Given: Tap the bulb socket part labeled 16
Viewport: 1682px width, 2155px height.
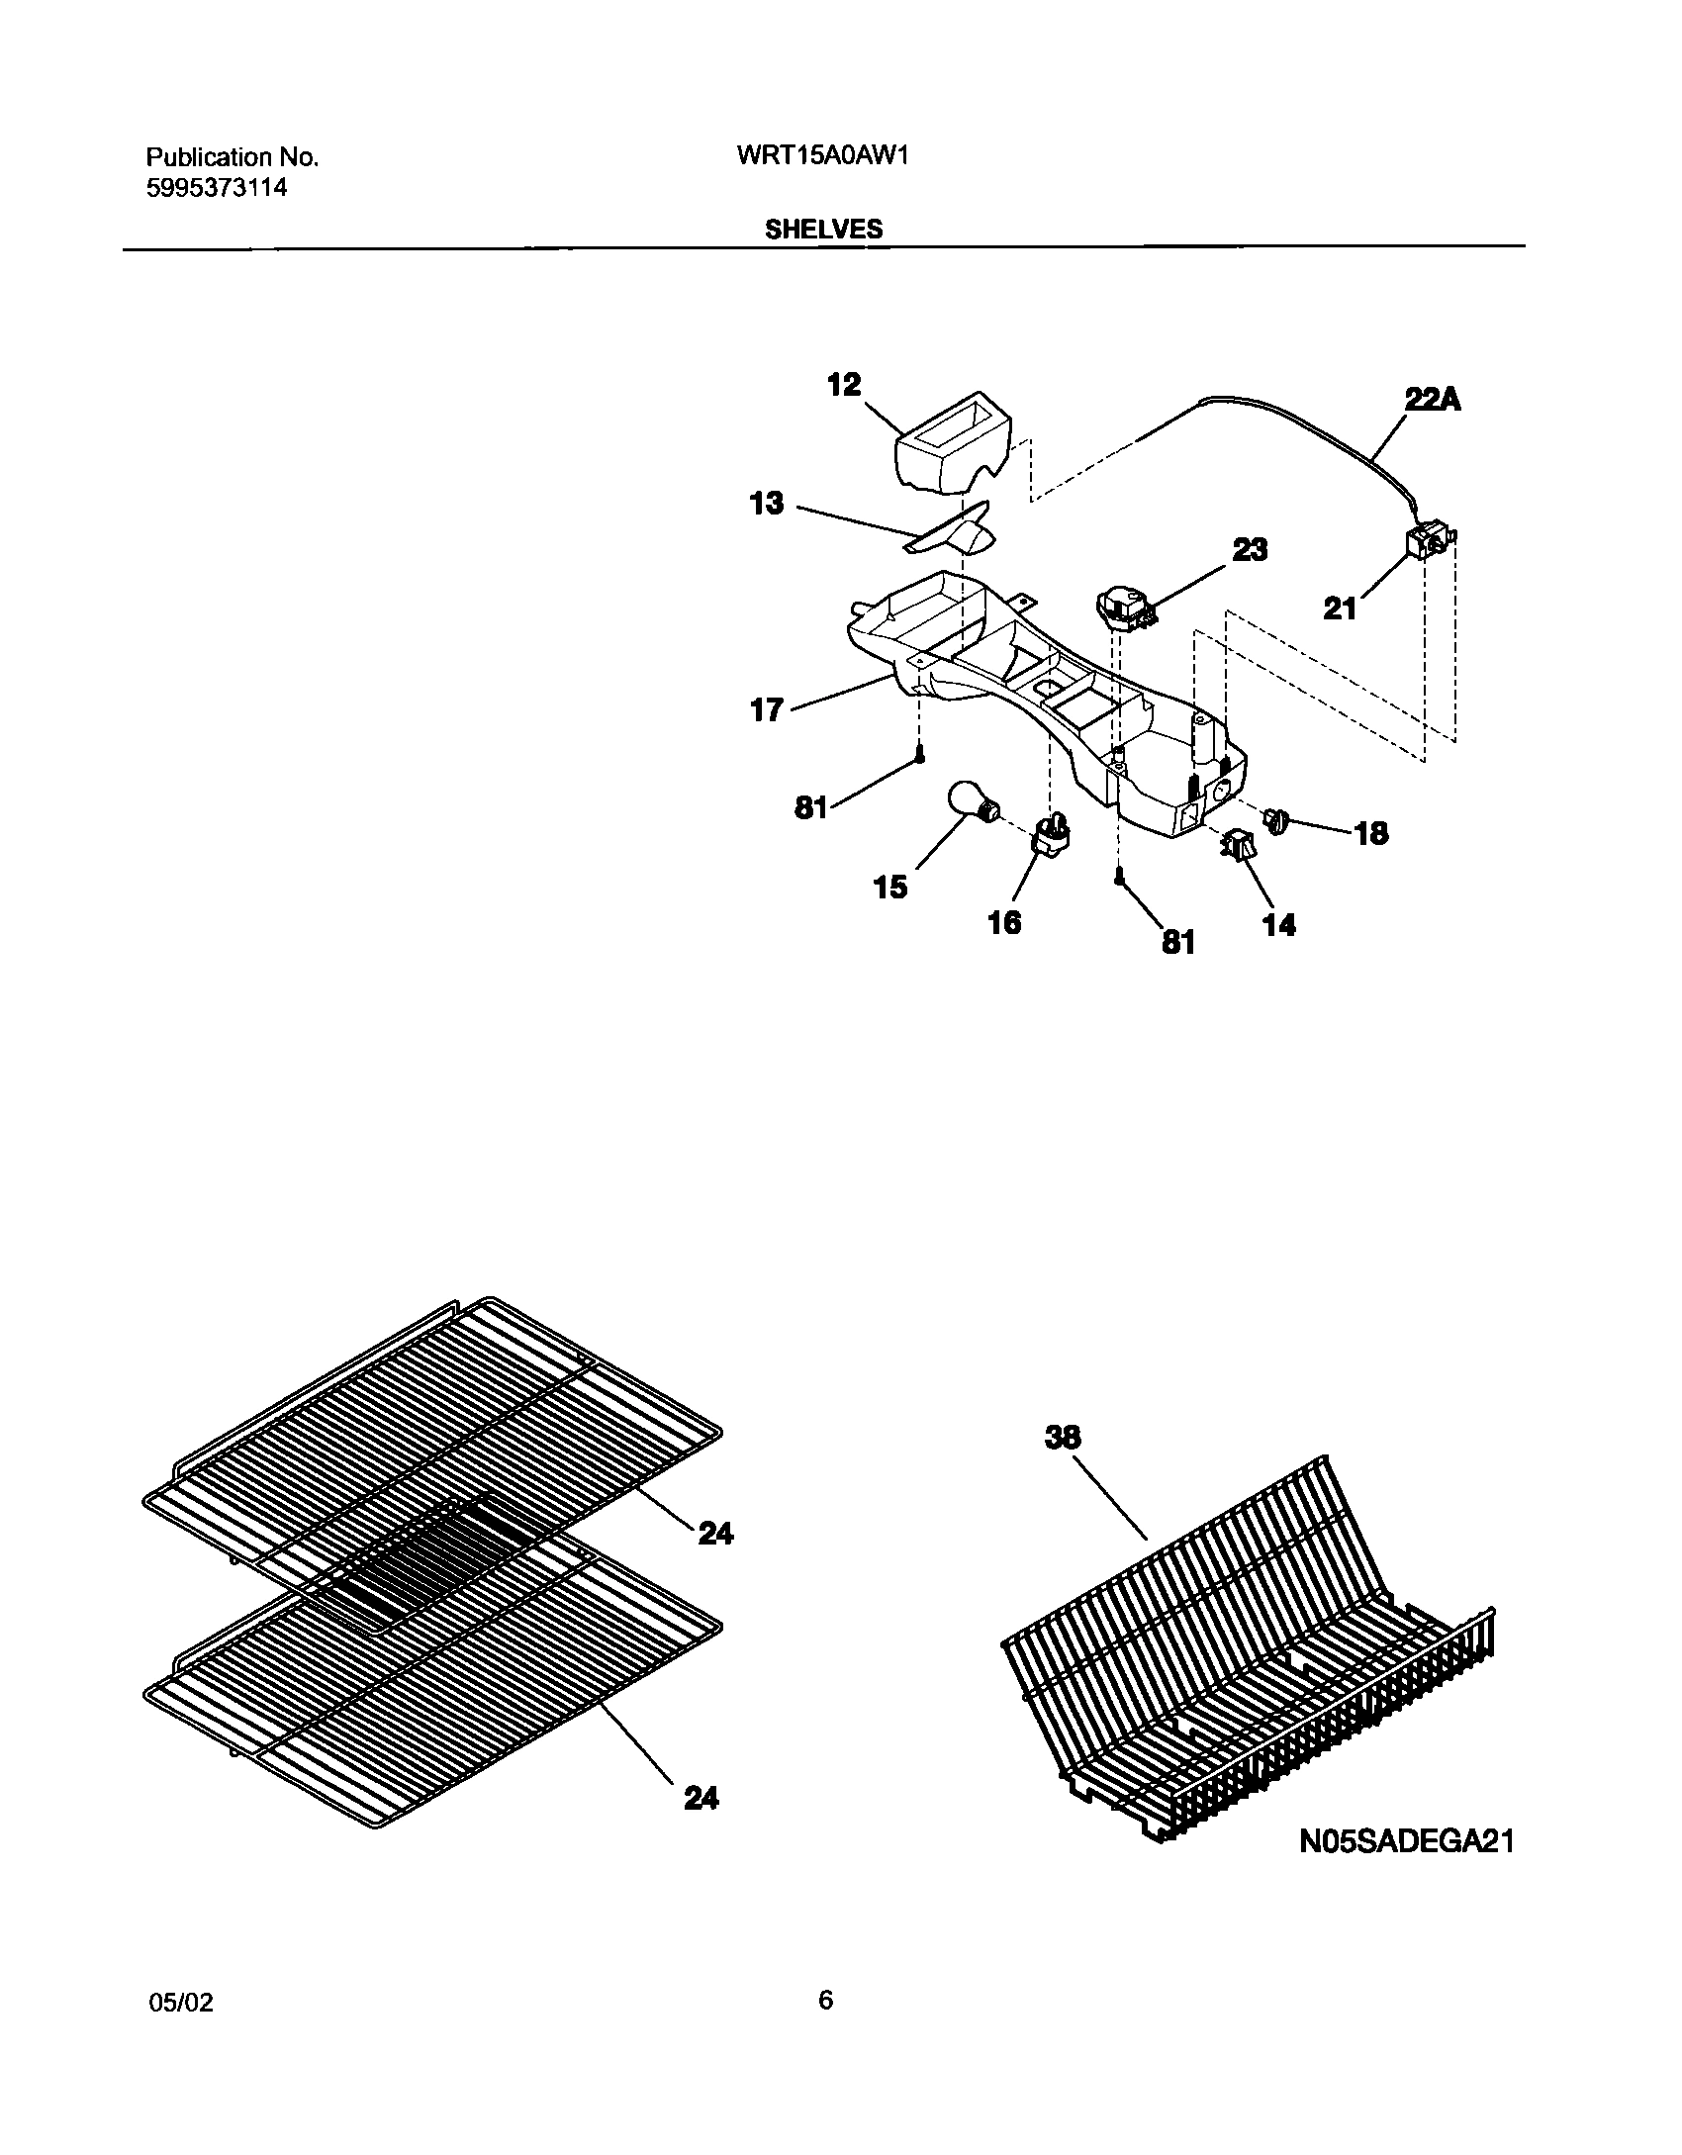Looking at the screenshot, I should click(1052, 837).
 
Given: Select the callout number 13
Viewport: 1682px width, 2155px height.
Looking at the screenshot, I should click(767, 504).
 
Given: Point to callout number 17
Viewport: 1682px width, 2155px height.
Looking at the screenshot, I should click(767, 709).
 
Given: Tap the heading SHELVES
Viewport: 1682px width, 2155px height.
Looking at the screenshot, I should click(823, 230).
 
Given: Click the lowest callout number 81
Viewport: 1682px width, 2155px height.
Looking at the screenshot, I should click(1178, 942).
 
